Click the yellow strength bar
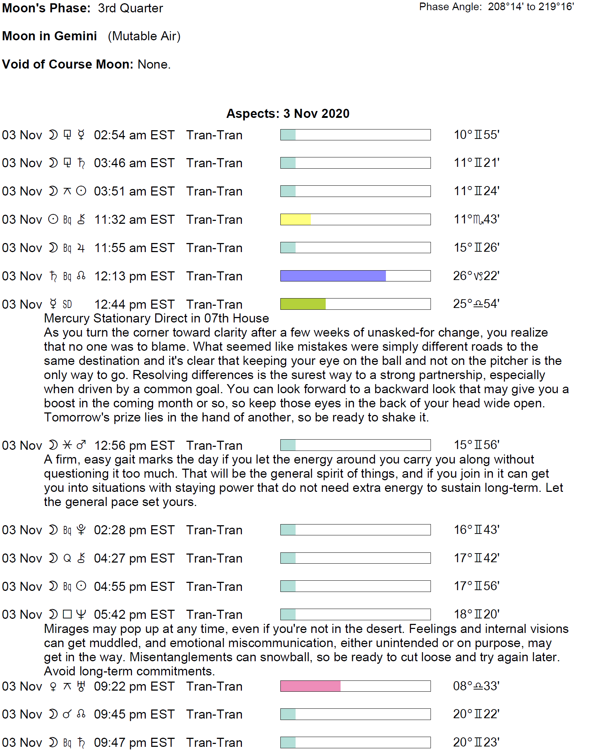pyautogui.click(x=296, y=219)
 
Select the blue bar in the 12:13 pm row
pyautogui.click(x=333, y=276)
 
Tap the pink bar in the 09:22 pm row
pyautogui.click(x=310, y=686)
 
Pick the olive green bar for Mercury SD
pyautogui.click(x=303, y=304)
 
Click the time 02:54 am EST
pyautogui.click(x=134, y=135)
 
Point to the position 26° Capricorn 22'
pyautogui.click(x=476, y=276)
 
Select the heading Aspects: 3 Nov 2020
pyautogui.click(x=288, y=114)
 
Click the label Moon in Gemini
pyautogui.click(x=50, y=36)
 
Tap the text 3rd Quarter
pyautogui.click(x=130, y=8)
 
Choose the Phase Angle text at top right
pyautogui.click(x=496, y=7)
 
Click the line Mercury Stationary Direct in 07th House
pyautogui.click(x=156, y=318)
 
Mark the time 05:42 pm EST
pyautogui.click(x=134, y=614)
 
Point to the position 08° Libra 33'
pyautogui.click(x=476, y=686)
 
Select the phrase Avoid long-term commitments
pyautogui.click(x=129, y=671)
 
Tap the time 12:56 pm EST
pyautogui.click(x=134, y=445)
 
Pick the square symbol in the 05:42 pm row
pyautogui.click(x=67, y=614)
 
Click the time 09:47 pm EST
pyautogui.click(x=134, y=742)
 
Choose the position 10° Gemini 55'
pyautogui.click(x=477, y=135)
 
